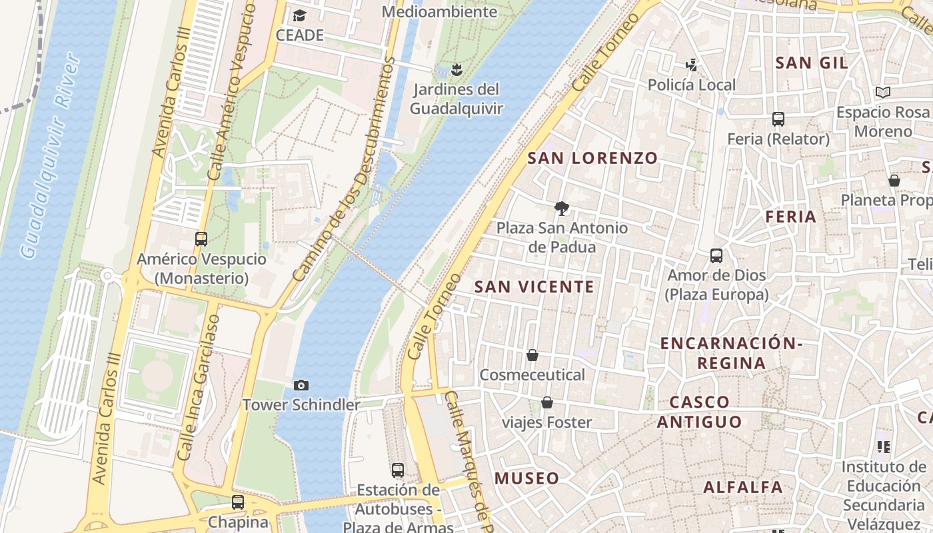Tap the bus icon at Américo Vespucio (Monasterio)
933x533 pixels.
(201, 239)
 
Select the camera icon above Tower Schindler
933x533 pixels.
(301, 385)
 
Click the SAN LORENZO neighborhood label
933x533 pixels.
(592, 158)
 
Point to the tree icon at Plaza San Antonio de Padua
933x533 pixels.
(562, 208)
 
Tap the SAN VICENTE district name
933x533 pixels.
(534, 287)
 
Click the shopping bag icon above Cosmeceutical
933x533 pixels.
(532, 355)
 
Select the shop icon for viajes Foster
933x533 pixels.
(547, 402)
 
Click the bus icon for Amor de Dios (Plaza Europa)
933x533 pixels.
(716, 255)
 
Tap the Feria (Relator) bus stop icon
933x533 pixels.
(778, 119)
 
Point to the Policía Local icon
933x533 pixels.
(692, 65)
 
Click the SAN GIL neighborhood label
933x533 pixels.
(812, 63)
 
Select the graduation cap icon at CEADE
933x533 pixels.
(299, 15)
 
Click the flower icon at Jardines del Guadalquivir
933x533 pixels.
(457, 69)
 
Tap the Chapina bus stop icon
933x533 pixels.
(238, 502)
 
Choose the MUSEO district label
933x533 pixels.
(526, 478)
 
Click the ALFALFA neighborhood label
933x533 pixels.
(743, 487)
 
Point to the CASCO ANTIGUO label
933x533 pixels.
(699, 412)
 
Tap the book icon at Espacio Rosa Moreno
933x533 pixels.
(883, 92)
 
